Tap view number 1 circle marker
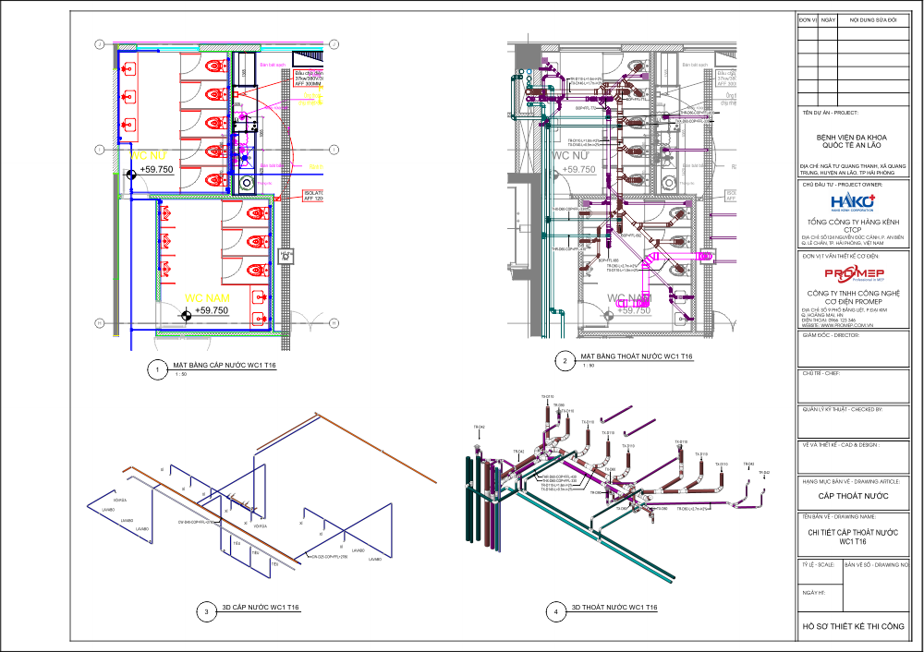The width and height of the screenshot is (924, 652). tap(158, 370)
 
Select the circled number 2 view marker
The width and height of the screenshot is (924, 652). tap(564, 360)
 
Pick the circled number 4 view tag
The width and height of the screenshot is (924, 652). tap(555, 610)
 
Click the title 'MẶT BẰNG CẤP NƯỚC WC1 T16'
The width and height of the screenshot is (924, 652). tap(221, 366)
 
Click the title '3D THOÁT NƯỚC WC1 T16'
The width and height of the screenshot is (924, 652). tap(614, 607)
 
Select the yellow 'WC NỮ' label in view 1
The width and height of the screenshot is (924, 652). tap(148, 157)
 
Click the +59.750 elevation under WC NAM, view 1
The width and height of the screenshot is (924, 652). tap(212, 311)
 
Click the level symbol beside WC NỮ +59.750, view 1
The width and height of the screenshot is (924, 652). tap(131, 173)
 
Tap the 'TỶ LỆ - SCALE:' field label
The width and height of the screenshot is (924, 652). tap(819, 563)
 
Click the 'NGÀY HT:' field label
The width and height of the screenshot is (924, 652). tap(814, 593)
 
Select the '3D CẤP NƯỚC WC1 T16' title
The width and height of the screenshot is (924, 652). tap(260, 607)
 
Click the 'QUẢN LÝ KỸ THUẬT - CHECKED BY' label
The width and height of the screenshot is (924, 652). tap(843, 408)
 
